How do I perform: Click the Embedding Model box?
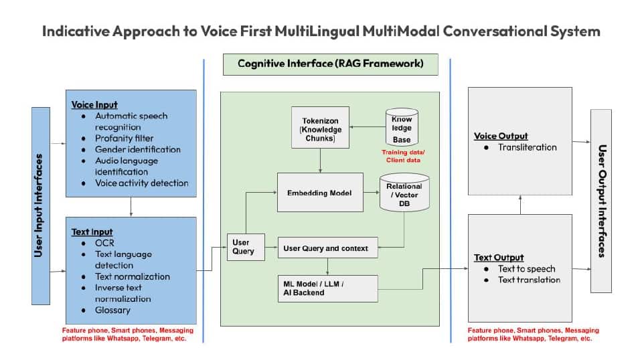320,193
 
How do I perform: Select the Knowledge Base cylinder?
402,127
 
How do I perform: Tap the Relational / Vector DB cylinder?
404,193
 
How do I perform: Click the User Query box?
246,247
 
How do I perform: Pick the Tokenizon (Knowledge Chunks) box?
320,127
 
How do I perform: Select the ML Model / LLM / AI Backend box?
327,288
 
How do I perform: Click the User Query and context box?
327,248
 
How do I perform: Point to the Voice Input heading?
94,105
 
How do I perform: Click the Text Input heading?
92,232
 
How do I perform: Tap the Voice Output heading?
501,137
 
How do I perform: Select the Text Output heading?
499,258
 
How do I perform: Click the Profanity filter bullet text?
124,139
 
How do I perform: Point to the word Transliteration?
528,147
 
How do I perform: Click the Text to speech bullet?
526,269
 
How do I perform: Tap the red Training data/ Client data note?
403,156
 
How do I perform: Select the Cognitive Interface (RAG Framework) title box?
331,64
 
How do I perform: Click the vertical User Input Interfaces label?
39,205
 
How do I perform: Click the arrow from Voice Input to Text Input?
131,207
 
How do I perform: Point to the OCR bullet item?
104,244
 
